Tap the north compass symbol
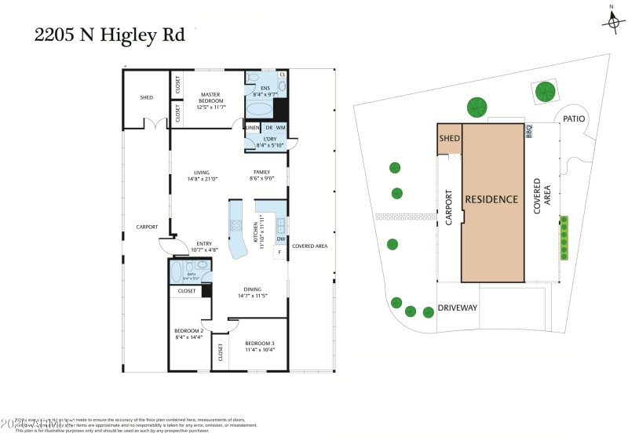coord(612,21)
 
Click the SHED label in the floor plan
coord(146,98)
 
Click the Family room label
coord(261,176)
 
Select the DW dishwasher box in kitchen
coord(280,239)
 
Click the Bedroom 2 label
coord(188,334)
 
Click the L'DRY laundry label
coord(265,142)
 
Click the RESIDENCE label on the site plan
coord(492,199)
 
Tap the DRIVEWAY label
coord(458,308)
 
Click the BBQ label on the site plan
coord(529,131)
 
